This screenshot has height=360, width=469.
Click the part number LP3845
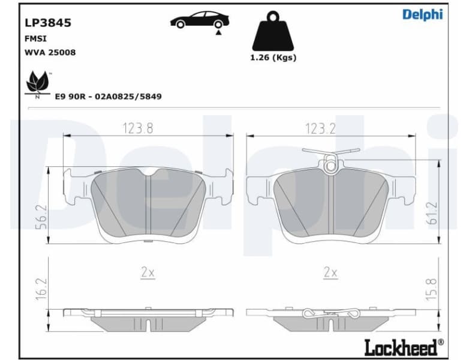coord(47,23)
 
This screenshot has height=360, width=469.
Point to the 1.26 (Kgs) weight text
coord(273,58)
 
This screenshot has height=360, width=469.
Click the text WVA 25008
coord(50,52)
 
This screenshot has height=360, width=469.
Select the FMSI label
coord(35,38)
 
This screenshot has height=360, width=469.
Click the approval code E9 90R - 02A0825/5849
coord(108,96)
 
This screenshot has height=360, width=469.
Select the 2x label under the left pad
coord(148,272)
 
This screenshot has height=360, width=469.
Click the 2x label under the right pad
coord(330,272)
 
